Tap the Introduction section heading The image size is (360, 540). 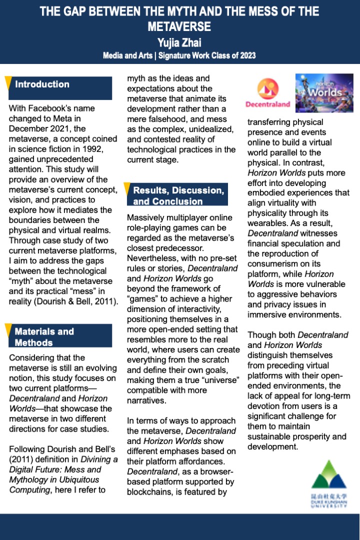tap(42, 84)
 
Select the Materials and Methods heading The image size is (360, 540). tap(44, 337)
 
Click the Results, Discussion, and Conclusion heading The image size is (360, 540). tap(178, 196)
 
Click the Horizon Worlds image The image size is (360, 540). tap(324, 92)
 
